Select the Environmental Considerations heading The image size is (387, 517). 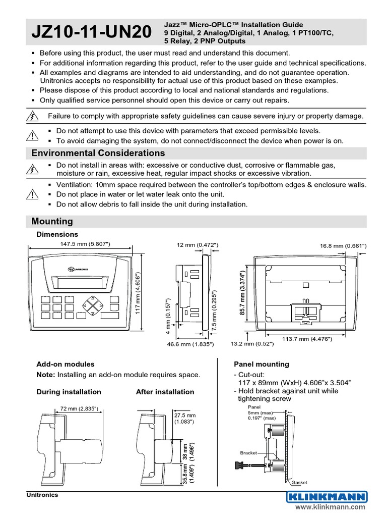point(98,153)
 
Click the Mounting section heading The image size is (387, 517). point(52,221)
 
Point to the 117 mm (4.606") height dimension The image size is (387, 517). point(137,293)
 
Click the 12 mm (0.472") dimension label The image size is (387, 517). point(198,245)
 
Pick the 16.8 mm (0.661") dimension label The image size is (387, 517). point(343,245)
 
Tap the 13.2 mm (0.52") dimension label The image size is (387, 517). point(252,344)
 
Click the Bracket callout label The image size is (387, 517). point(248,453)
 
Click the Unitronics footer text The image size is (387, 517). point(42,495)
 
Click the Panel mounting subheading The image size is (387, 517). point(261,364)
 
